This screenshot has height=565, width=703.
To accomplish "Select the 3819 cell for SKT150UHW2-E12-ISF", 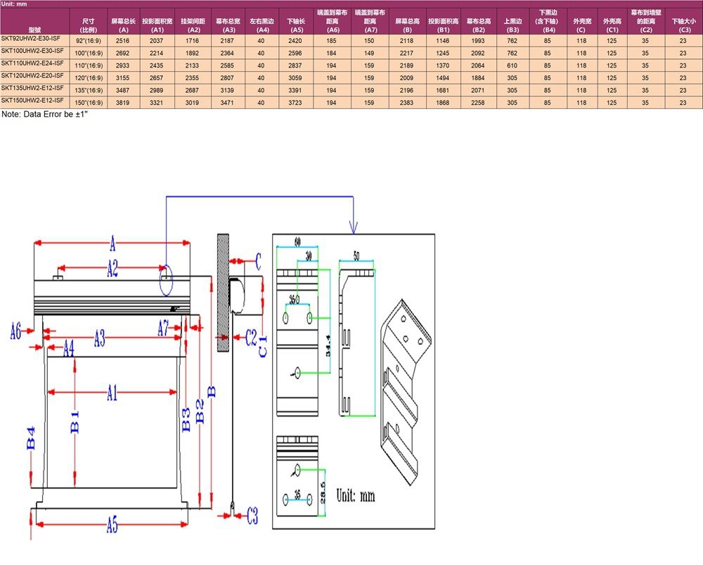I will [x=124, y=103].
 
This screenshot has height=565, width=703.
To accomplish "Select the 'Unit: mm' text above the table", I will [x=14, y=4].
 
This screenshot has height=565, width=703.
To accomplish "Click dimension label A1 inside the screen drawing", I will [x=112, y=393].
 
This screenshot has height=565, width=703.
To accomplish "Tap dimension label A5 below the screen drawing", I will [x=112, y=525].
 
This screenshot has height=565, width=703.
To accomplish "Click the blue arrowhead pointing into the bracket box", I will [x=353, y=227].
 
